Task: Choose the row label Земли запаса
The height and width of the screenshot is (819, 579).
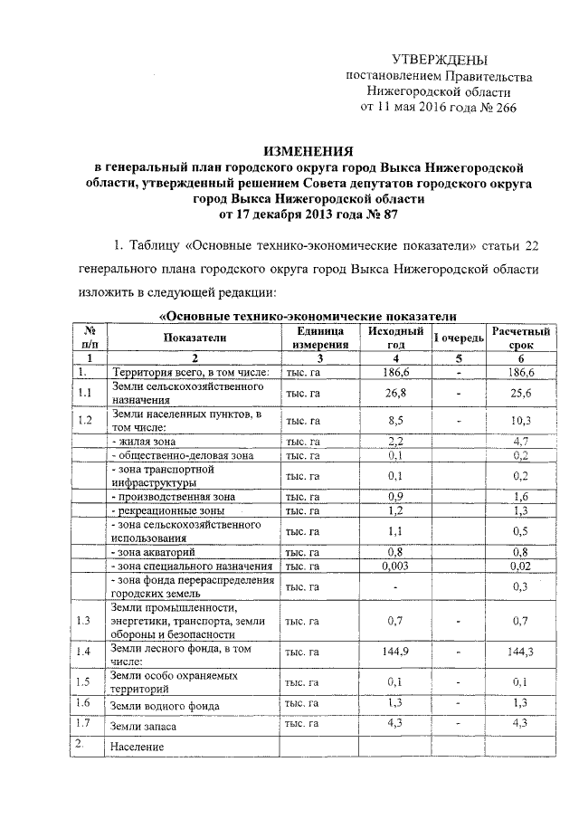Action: point(144,726)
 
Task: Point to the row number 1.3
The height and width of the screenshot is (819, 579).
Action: point(85,621)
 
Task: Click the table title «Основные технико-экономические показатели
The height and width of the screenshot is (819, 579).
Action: point(305,315)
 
